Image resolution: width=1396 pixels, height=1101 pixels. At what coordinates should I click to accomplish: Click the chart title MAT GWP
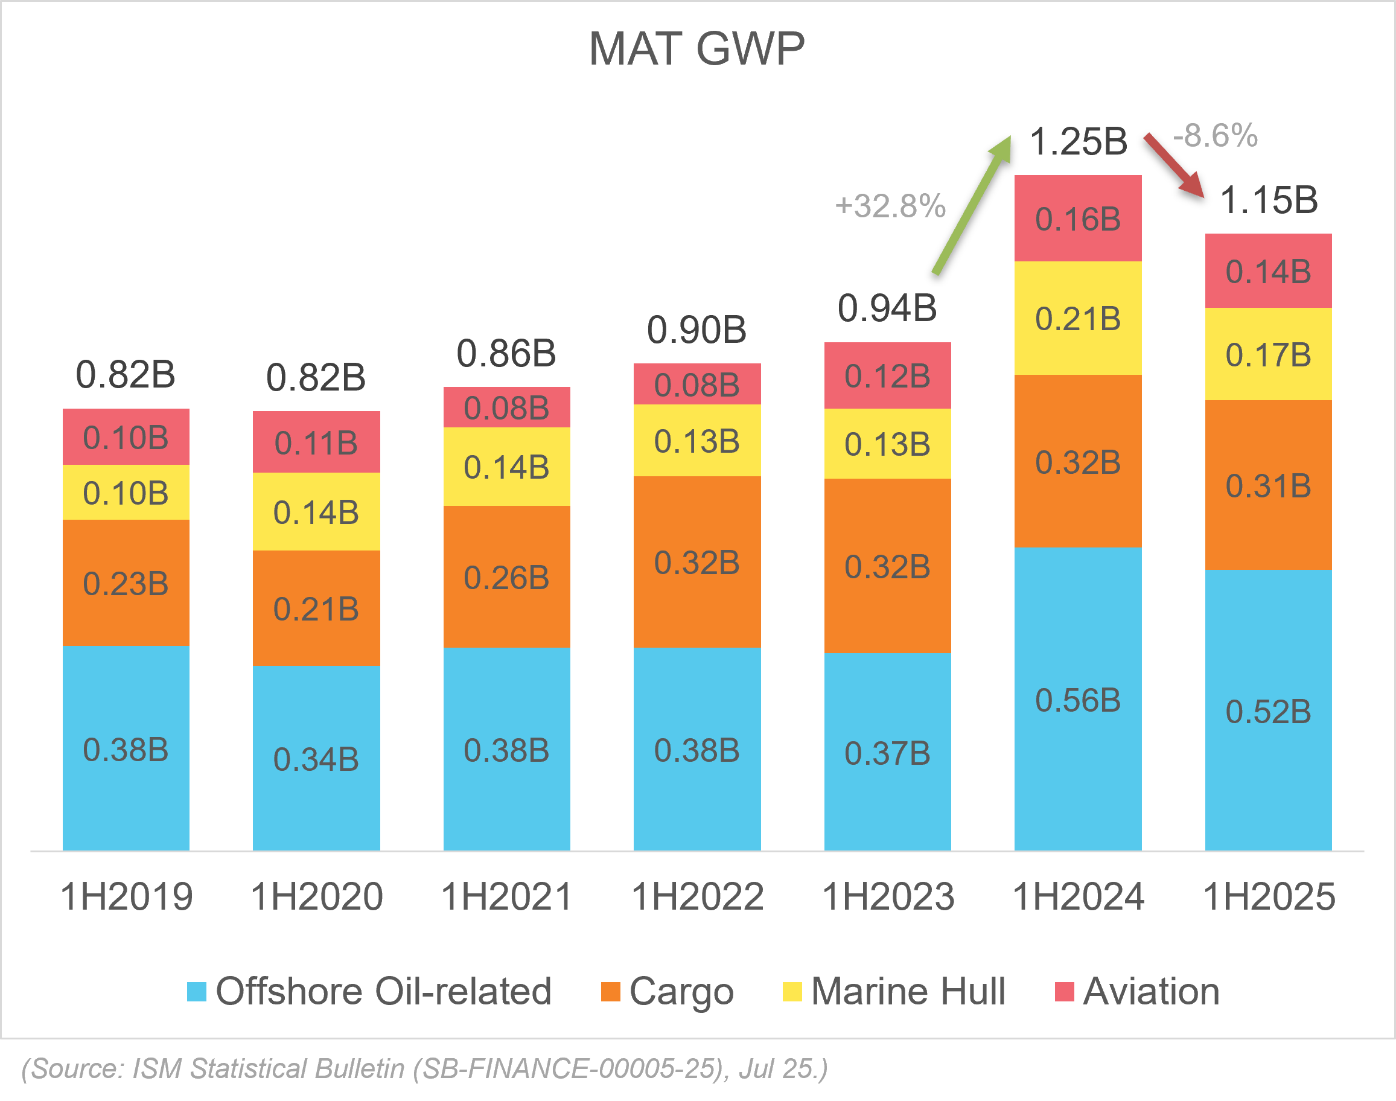pyautogui.click(x=696, y=49)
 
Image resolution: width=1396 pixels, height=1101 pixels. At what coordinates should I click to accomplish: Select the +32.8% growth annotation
pyautogui.click(x=890, y=206)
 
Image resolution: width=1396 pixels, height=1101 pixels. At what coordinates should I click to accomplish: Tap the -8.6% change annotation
pyautogui.click(x=1215, y=136)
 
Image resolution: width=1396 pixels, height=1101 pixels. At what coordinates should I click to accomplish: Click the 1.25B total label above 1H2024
pyautogui.click(x=1077, y=142)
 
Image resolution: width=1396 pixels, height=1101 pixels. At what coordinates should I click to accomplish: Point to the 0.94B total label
pyautogui.click(x=887, y=308)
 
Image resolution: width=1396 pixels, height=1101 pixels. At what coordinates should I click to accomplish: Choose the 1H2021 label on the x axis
pyautogui.click(x=506, y=896)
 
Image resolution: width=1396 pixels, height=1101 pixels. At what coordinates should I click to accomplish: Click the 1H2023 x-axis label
pyautogui.click(x=887, y=896)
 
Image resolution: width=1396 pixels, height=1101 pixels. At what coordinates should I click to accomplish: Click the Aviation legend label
pyautogui.click(x=1150, y=991)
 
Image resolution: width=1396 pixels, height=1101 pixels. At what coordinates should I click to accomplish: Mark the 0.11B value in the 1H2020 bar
pyautogui.click(x=316, y=444)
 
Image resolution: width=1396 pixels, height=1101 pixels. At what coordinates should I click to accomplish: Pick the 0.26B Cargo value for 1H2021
pyautogui.click(x=506, y=578)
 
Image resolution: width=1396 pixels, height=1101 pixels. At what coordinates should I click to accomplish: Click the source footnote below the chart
pyautogui.click(x=424, y=1069)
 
